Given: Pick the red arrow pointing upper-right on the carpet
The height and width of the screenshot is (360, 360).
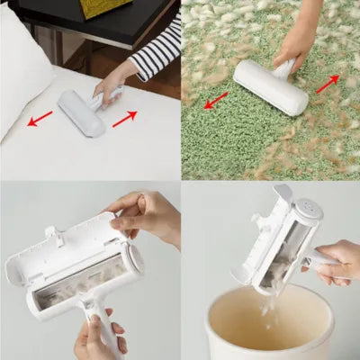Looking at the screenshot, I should pos(328,84).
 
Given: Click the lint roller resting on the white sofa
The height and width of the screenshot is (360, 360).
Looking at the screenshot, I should pos(82,112).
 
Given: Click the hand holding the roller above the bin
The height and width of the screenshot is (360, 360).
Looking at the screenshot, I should pos(334,261).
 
